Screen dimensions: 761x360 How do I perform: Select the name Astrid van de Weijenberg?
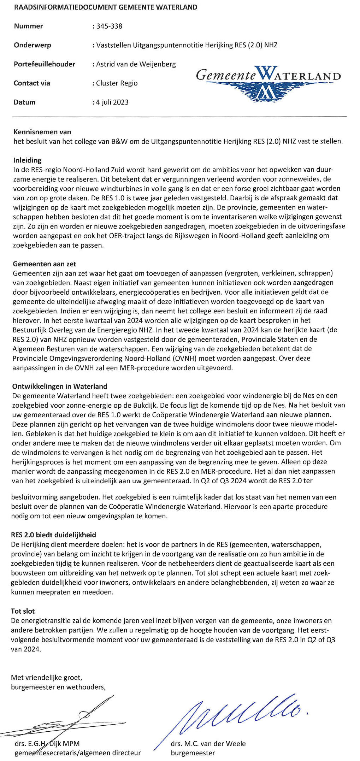136,64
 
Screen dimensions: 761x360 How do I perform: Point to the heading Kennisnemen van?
42,132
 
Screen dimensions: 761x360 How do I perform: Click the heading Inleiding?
28,160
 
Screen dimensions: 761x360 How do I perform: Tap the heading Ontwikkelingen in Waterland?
60,387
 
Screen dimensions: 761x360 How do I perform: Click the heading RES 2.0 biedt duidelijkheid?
54,535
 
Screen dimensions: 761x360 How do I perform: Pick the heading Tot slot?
23,611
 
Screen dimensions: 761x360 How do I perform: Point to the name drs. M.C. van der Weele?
208,744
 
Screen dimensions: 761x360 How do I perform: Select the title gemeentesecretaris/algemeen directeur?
78,753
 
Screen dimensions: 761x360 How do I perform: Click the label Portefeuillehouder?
45,64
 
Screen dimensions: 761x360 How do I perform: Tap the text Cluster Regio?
117,83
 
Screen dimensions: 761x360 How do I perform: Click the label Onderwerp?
33,45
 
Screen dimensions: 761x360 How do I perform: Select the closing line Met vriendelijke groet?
47,678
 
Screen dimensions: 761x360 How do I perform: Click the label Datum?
25,102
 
